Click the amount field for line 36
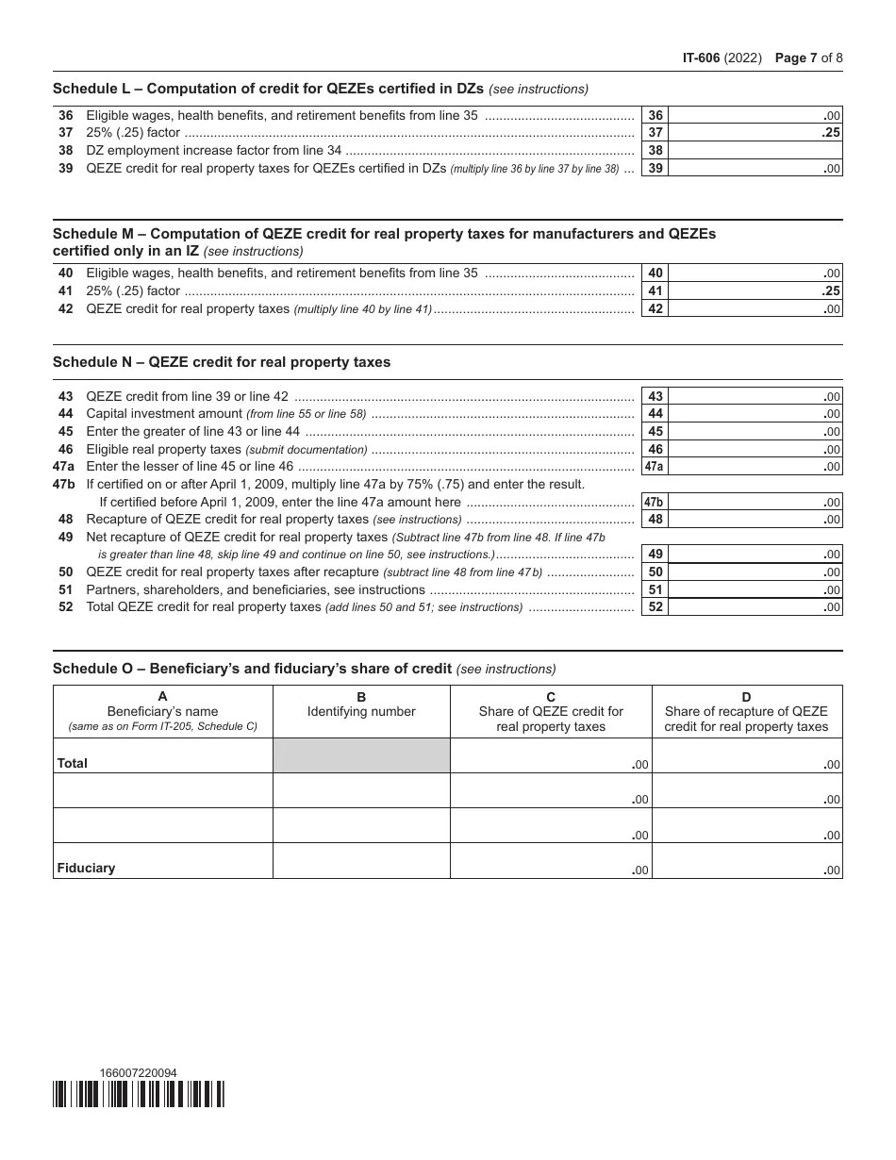pos(755,115)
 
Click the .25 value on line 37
pos(830,133)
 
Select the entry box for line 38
pos(755,151)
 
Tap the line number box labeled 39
pos(655,168)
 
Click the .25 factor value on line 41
pos(830,291)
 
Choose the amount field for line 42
pos(755,308)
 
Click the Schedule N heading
pos(222,362)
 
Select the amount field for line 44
pos(755,414)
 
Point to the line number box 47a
pos(655,467)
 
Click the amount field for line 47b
pos(755,503)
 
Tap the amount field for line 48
pos(755,520)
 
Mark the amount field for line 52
pos(755,607)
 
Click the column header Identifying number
pos(361,712)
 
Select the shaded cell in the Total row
pos(361,755)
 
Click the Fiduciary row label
pos(86,868)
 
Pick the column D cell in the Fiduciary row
pos(747,860)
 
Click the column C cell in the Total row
pos(551,755)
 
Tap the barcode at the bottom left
pos(139,1094)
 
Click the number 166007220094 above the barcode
pos(138,1073)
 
